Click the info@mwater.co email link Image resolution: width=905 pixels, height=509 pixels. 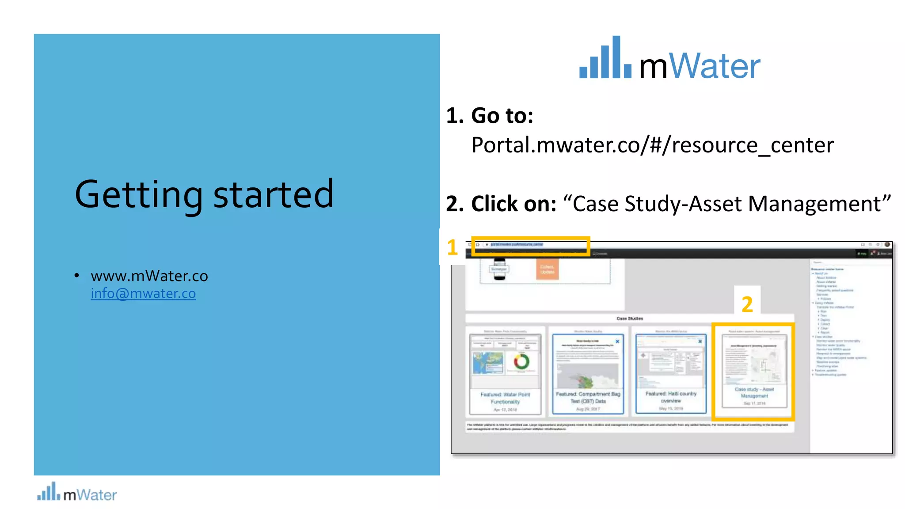coord(143,293)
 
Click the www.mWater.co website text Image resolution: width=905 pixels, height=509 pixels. coord(149,276)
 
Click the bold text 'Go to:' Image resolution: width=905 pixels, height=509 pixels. coord(502,116)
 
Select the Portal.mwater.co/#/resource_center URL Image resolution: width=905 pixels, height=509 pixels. coord(652,145)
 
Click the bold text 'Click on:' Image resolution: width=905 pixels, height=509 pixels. coord(513,204)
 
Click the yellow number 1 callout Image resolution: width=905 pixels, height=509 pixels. coord(452,247)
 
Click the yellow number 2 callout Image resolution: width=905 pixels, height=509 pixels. coord(747,304)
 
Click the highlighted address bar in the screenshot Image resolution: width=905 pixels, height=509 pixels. coord(530,246)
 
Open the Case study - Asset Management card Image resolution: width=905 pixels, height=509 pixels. coord(754,371)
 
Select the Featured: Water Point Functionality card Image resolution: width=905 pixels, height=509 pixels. coord(505,373)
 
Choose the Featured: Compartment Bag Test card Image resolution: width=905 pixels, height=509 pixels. coord(588,373)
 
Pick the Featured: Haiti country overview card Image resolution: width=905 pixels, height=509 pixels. coord(671,373)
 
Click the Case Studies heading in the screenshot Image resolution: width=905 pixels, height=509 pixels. coord(630,318)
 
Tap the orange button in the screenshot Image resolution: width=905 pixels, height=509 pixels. coord(547,269)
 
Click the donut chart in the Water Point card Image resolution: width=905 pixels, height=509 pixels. coord(521,362)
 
